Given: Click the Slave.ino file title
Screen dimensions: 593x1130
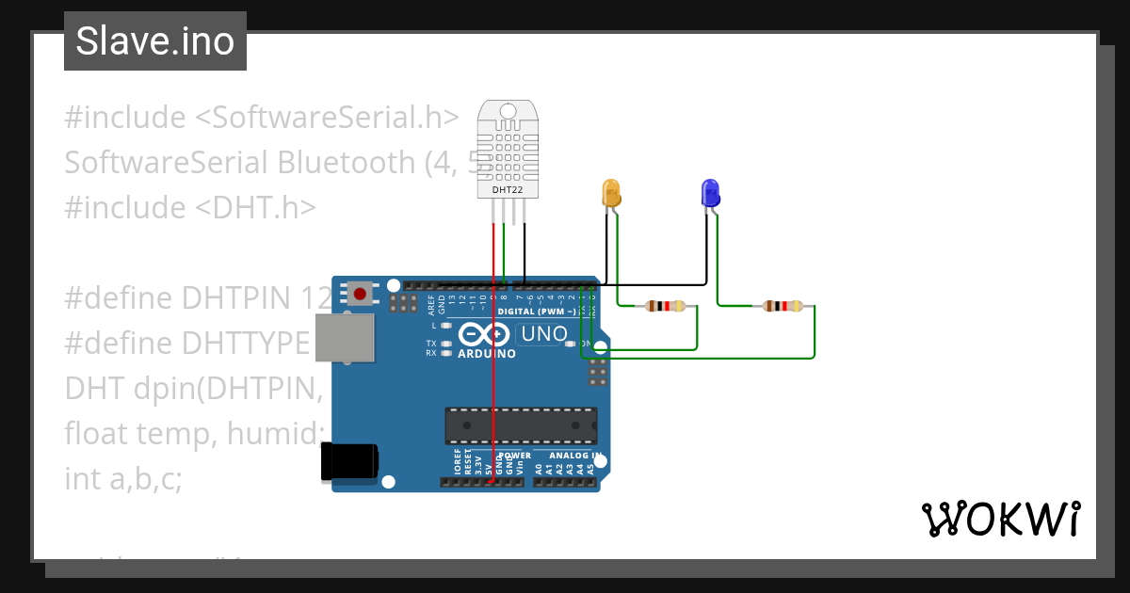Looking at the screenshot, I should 155,41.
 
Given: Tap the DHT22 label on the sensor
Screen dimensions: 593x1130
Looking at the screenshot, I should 508,190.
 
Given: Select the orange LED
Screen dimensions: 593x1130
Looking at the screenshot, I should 610,193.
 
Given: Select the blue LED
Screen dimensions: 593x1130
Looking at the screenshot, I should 710,193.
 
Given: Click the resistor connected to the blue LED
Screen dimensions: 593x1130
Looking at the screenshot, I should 784,306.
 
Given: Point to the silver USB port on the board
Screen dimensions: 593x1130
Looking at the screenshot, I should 343,337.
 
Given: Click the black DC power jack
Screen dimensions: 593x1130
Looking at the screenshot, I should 349,461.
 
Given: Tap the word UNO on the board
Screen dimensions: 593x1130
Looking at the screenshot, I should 544,333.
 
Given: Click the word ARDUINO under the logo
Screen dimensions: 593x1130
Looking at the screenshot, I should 487,354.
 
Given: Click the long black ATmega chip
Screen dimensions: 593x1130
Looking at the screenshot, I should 521,425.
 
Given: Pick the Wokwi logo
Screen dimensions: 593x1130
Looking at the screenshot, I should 1000,519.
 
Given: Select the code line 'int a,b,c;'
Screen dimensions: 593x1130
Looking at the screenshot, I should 122,479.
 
